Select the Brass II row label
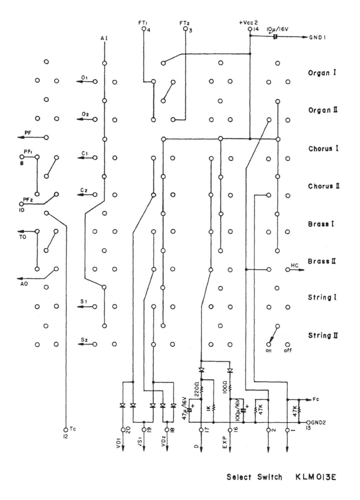(x=323, y=261)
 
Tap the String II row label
(x=323, y=335)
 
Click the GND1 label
(x=318, y=37)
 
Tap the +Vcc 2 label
(x=248, y=23)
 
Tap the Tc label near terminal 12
(x=72, y=430)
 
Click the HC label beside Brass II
(x=294, y=265)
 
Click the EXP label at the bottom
(x=224, y=442)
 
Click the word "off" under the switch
(x=288, y=350)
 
